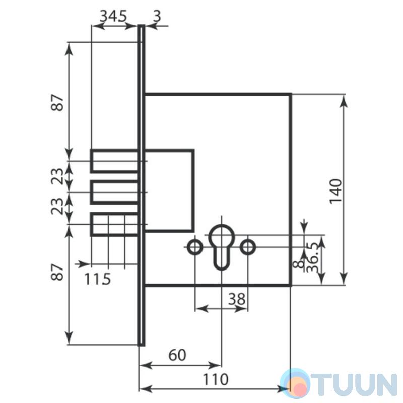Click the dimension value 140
point(336,191)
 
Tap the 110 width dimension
point(216,379)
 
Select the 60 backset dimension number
point(177,355)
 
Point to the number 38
point(237,299)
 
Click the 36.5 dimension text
point(313,257)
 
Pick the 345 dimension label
point(113,16)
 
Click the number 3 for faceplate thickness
point(157,16)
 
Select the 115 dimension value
point(98,279)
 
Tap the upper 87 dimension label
point(57,103)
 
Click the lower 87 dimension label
point(57,272)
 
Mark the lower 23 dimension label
point(57,207)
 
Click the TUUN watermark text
point(354,384)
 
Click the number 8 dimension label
point(298,264)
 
